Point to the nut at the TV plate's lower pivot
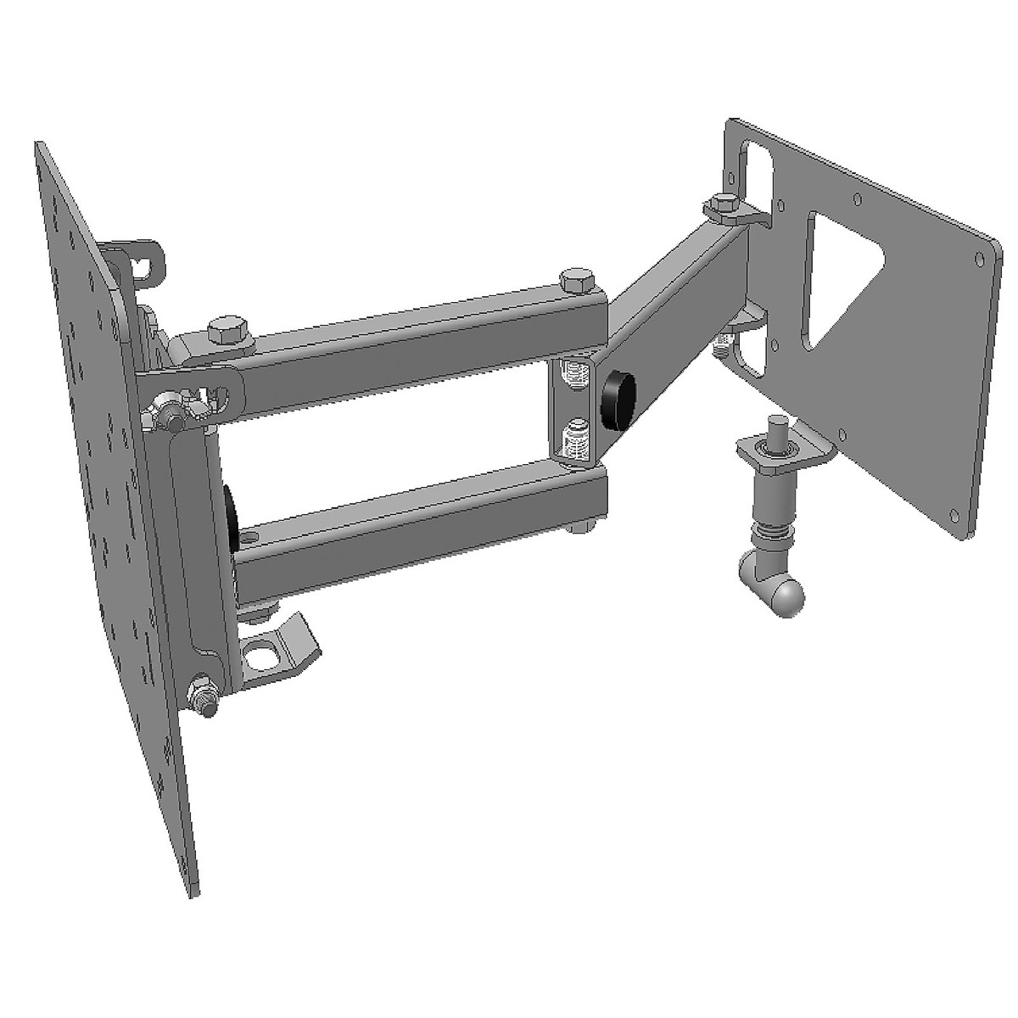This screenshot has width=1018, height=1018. click(x=204, y=701)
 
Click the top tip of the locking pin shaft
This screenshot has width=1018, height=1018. click(x=775, y=421)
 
